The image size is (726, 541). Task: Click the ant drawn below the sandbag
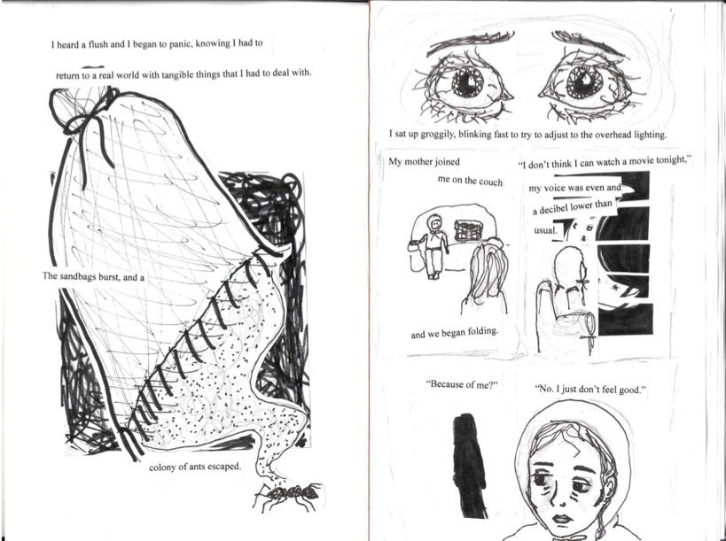click(288, 496)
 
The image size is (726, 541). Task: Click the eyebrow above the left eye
click(469, 43)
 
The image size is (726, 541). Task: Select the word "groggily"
click(438, 134)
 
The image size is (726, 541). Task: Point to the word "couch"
click(490, 182)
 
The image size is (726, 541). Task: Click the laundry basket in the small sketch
click(470, 230)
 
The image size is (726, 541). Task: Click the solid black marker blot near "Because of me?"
click(469, 466)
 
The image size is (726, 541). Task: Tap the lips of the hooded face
click(562, 518)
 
